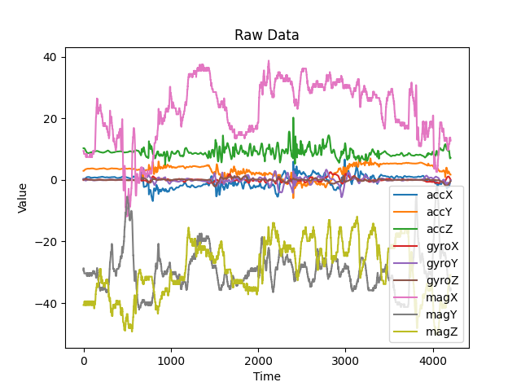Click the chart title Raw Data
(267, 35)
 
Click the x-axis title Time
(267, 376)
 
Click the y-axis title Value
(23, 198)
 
